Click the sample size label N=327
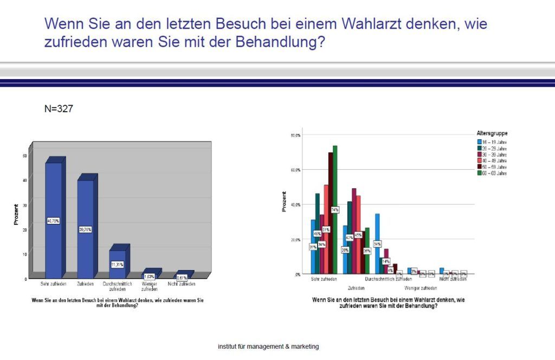click(x=59, y=109)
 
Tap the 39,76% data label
click(x=85, y=229)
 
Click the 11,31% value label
click(x=117, y=264)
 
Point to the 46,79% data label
click(x=53, y=221)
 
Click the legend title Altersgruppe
click(x=492, y=133)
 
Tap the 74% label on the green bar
click(x=334, y=210)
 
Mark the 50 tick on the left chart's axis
click(x=24, y=155)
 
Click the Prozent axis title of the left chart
click(x=16, y=214)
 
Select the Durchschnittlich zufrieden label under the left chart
click(x=118, y=286)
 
